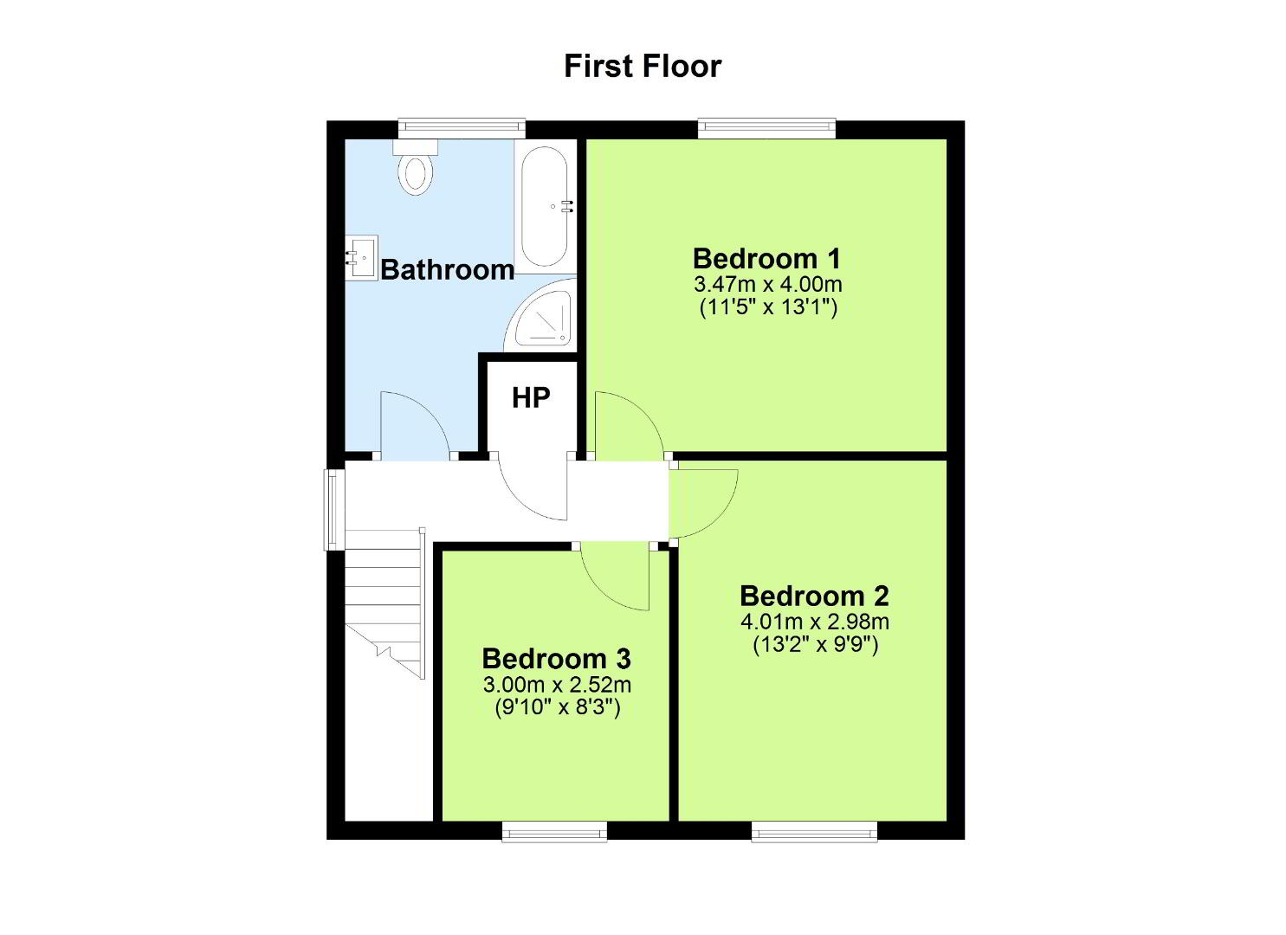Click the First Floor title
coord(643,66)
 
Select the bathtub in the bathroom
coord(545,207)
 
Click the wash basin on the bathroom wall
coord(362,257)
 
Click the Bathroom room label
coord(447,269)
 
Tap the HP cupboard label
coord(531,397)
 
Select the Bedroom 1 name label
coord(767,259)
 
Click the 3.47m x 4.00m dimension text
coord(768,284)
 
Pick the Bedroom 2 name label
coord(815,596)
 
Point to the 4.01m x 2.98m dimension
coord(815,622)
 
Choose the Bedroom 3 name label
coord(557,658)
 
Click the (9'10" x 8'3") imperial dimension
coord(558,707)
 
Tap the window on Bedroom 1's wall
coord(767,128)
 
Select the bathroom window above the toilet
coord(462,128)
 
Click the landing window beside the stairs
coord(333,510)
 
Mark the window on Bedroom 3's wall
coord(554,832)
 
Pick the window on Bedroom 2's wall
coord(815,832)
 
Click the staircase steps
coord(385,603)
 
